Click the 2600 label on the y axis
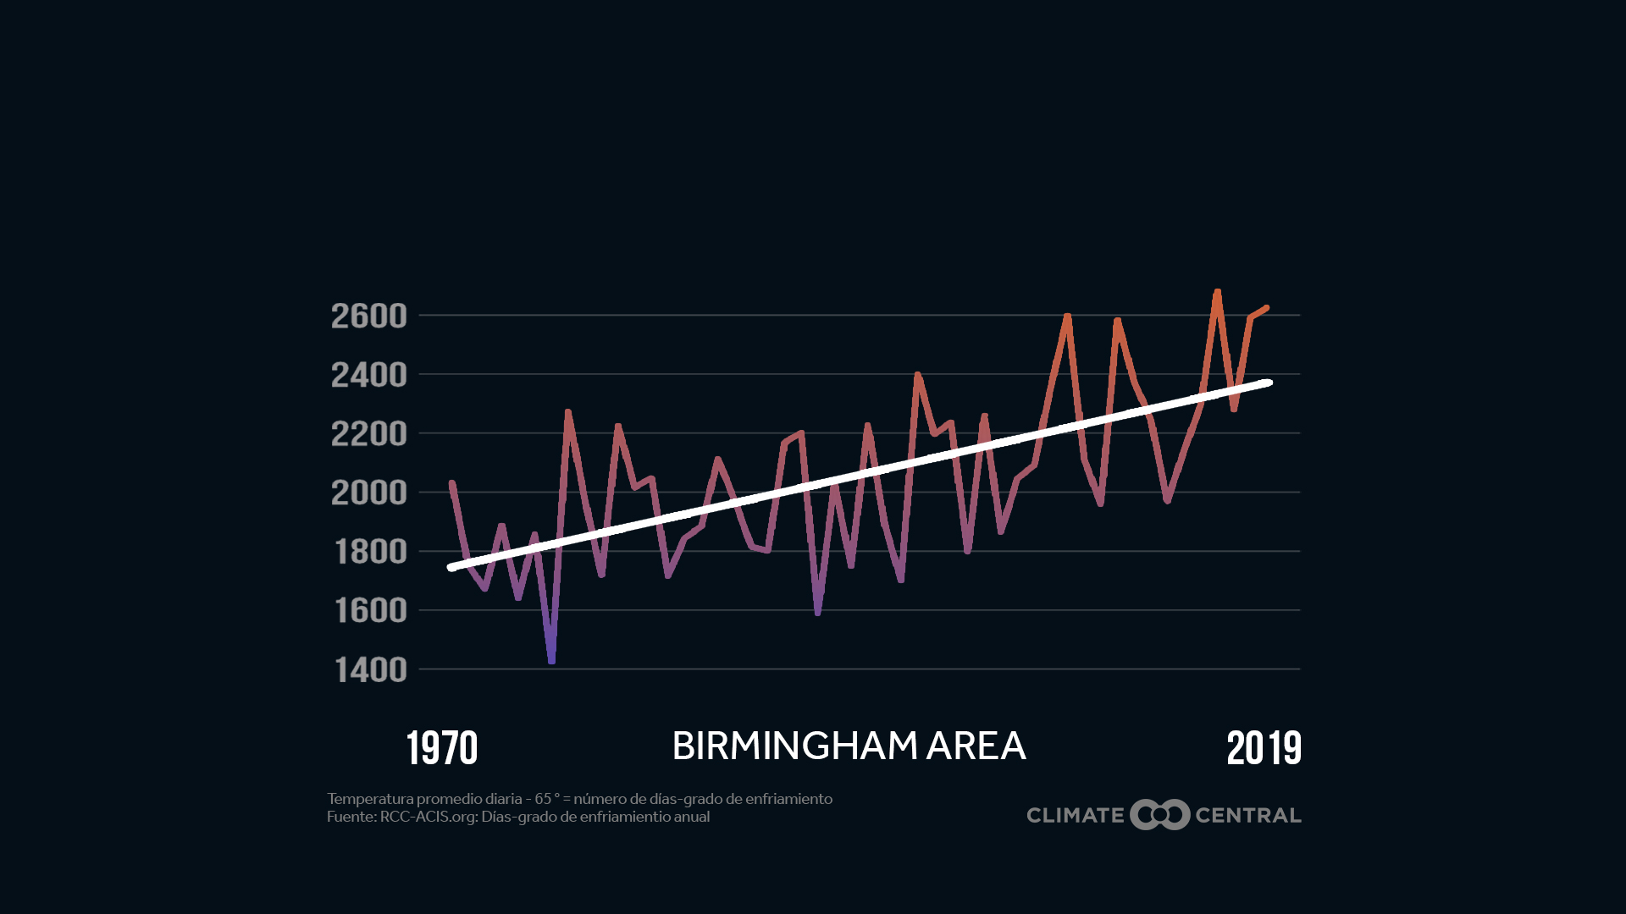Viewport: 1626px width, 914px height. [x=368, y=316]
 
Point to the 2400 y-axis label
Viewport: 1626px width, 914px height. [x=368, y=375]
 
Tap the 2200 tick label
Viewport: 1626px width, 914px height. [x=368, y=434]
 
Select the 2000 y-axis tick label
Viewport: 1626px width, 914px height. [x=368, y=493]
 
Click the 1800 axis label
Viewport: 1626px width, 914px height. [x=370, y=552]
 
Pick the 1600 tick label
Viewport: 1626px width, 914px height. [x=370, y=611]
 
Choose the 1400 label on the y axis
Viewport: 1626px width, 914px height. [x=370, y=670]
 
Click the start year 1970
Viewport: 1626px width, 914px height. [x=442, y=748]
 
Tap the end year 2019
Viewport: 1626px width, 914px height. [x=1264, y=748]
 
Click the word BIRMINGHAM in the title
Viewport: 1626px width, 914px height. [x=794, y=746]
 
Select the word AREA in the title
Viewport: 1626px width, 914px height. [x=976, y=746]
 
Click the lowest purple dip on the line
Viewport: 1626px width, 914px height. [x=551, y=660]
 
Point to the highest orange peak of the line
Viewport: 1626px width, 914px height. [x=1217, y=293]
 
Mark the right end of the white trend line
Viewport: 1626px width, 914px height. [x=1269, y=383]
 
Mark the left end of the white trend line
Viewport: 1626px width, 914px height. [x=452, y=568]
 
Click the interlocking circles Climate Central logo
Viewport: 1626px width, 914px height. [x=1159, y=815]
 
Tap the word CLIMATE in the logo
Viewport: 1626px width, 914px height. [x=1075, y=816]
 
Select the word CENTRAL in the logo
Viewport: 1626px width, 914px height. [x=1247, y=816]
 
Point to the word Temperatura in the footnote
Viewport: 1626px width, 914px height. [x=369, y=799]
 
